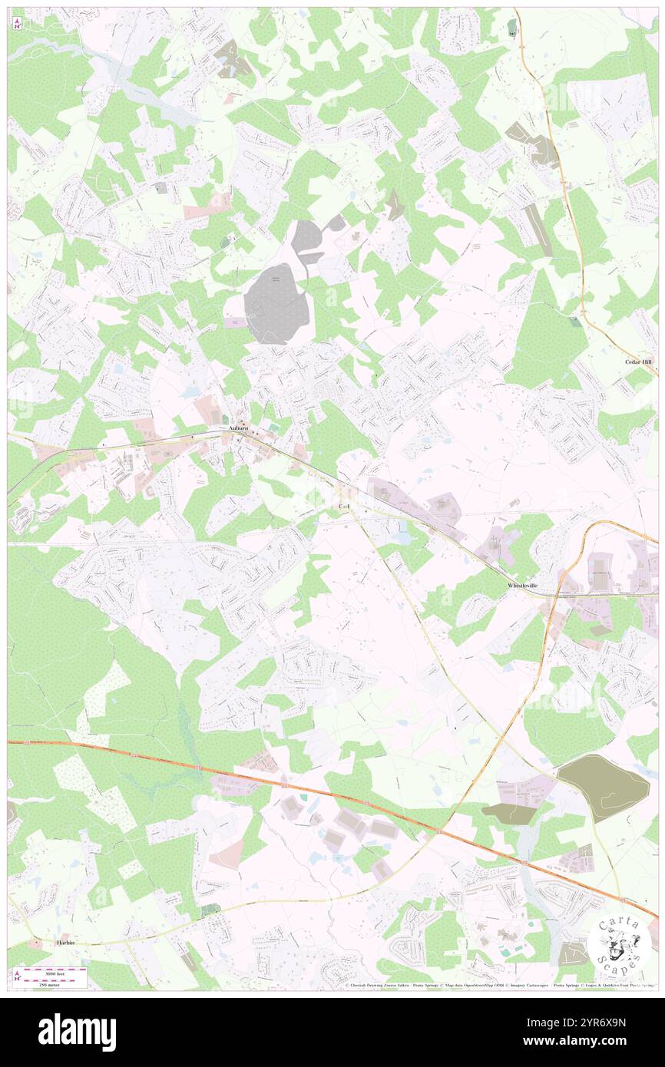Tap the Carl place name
[x=343, y=508]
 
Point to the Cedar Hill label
[x=638, y=360]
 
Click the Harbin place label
[x=68, y=941]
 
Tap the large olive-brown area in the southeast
[x=604, y=785]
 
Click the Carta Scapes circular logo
[x=619, y=945]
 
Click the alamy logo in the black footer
[x=77, y=1032]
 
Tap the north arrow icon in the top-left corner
[x=18, y=24]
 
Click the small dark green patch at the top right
[x=512, y=28]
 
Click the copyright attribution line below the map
[x=499, y=986]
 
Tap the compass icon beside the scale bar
[x=18, y=976]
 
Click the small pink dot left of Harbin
[x=34, y=941]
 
